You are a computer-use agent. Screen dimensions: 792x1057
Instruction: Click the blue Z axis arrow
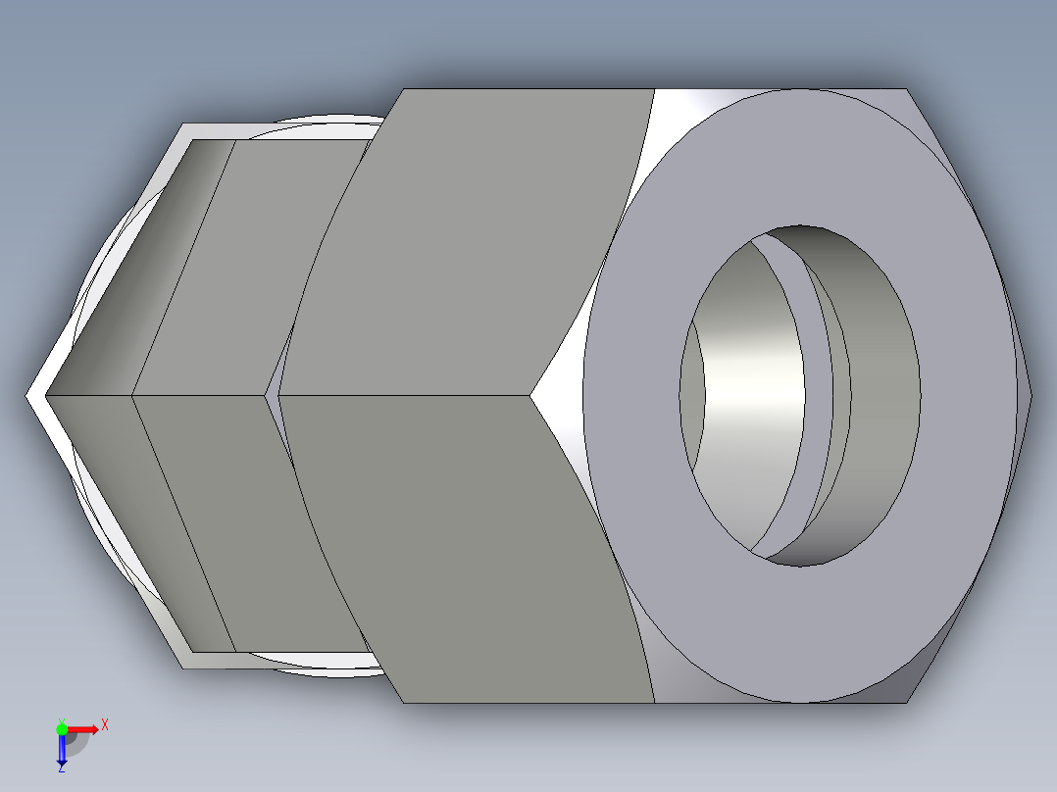pos(61,750)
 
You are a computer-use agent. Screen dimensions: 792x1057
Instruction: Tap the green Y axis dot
pos(62,727)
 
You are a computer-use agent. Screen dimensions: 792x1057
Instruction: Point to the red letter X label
pos(105,725)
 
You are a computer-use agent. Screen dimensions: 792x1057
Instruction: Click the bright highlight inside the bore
pos(750,392)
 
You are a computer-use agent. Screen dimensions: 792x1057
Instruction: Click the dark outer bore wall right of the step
pos(878,392)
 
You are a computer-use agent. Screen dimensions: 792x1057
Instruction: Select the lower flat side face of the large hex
pos(471,549)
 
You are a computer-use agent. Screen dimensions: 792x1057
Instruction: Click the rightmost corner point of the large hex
pos(1031,396)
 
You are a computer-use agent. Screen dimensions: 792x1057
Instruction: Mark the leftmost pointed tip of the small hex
pos(27,396)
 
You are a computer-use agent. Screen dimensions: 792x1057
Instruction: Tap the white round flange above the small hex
pos(324,127)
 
